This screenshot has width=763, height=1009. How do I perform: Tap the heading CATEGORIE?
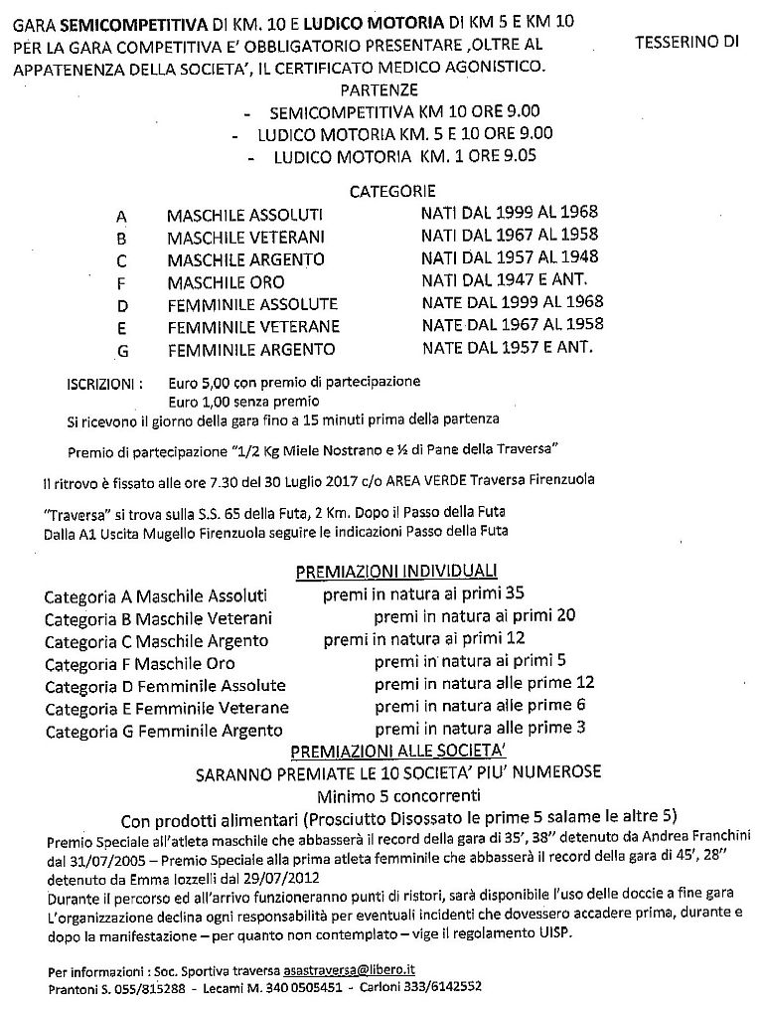pyautogui.click(x=392, y=191)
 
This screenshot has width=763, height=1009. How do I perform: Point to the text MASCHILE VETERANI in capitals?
pyautogui.click(x=245, y=238)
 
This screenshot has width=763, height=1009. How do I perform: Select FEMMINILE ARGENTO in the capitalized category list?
pyautogui.click(x=251, y=350)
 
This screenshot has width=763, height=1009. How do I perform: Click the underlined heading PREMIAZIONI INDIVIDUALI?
pyautogui.click(x=396, y=572)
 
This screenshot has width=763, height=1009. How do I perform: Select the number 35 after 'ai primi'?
pyautogui.click(x=514, y=594)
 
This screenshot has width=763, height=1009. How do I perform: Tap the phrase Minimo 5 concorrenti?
pyautogui.click(x=397, y=796)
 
